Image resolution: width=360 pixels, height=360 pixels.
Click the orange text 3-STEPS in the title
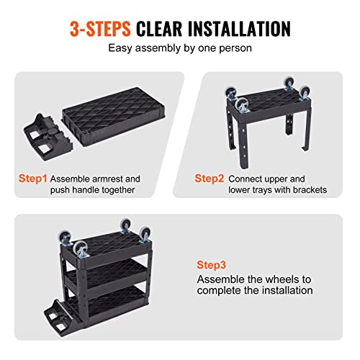coord(101,29)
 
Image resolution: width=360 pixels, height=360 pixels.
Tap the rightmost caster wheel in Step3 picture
coord(145,233)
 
